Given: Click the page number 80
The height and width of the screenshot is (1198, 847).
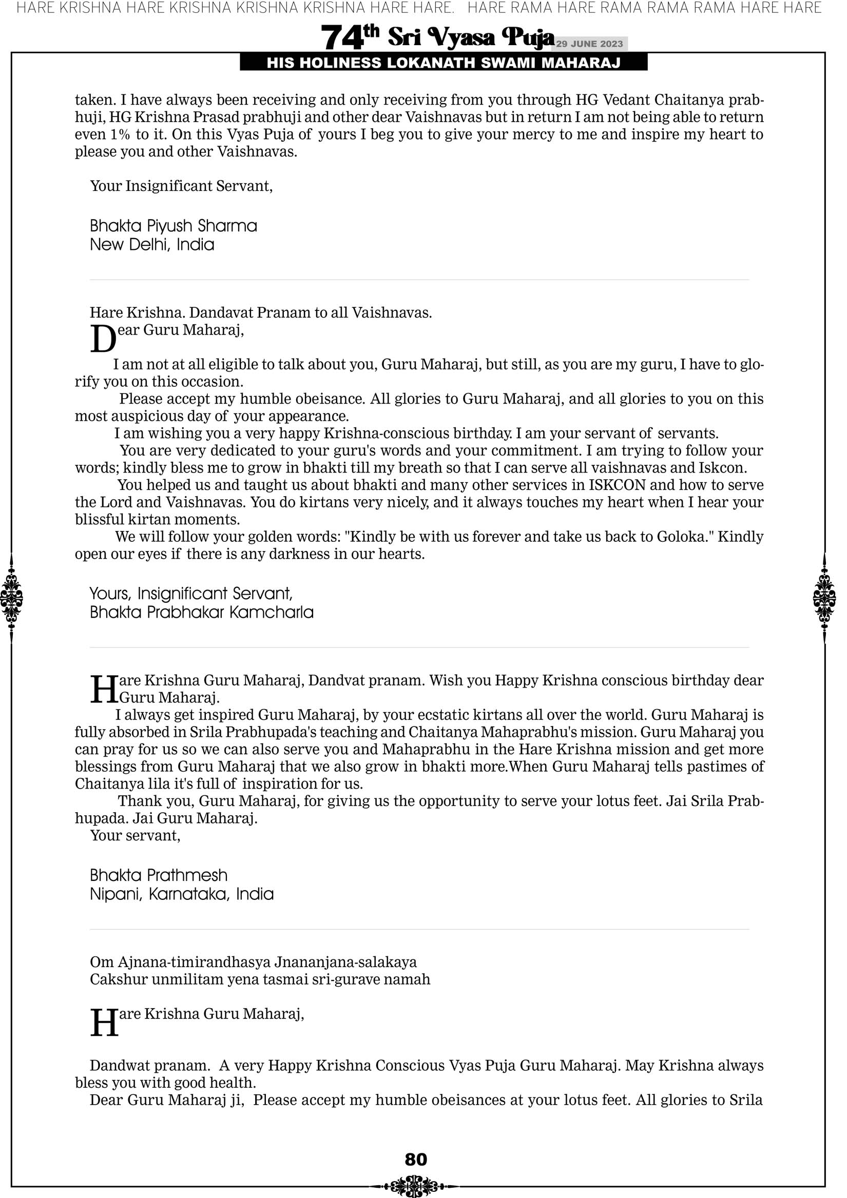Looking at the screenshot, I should point(416,1159).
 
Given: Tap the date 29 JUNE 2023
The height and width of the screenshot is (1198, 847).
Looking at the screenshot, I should point(589,44).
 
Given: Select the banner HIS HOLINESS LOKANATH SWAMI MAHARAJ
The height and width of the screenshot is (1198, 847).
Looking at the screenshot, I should point(444,63).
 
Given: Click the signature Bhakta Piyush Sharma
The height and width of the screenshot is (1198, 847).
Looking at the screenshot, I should point(174,226).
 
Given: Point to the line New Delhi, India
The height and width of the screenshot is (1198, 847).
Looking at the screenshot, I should point(152,245).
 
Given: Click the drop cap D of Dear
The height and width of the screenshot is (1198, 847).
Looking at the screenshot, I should point(103,339).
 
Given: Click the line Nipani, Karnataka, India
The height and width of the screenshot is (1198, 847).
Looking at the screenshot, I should point(182,894).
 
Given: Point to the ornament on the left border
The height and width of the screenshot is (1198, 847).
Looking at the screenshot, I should point(11,598).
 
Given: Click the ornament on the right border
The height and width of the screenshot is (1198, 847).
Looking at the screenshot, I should point(824,598).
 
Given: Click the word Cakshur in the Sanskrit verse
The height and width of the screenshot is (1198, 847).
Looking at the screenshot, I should point(119,979).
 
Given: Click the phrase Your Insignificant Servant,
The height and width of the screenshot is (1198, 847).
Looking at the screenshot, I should point(181,186).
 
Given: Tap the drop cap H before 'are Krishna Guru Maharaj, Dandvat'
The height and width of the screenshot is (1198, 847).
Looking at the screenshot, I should point(104,689).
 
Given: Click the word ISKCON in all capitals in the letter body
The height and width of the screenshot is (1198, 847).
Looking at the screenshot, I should point(618,485).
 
